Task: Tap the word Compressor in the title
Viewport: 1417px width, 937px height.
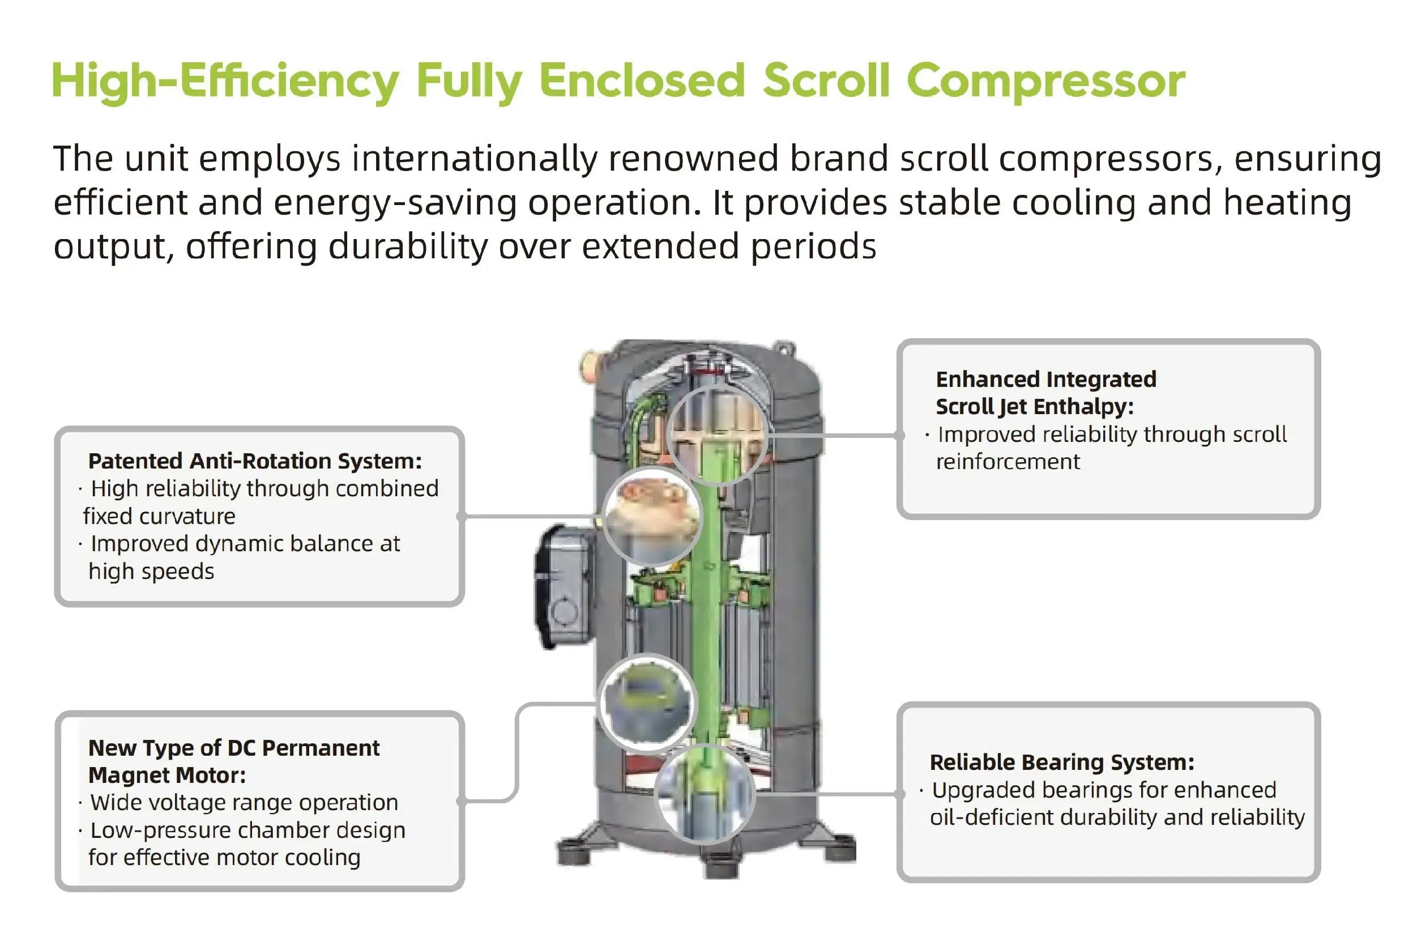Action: [x=1045, y=82]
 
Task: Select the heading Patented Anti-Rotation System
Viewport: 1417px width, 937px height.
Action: [x=255, y=461]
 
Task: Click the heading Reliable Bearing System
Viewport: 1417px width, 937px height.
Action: [x=1061, y=763]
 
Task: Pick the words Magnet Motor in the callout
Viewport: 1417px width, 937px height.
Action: [x=167, y=776]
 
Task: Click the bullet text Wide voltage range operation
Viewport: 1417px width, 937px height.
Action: [x=244, y=803]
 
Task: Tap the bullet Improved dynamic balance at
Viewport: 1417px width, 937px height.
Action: [x=245, y=544]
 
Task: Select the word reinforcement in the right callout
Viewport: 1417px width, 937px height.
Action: [x=1008, y=462]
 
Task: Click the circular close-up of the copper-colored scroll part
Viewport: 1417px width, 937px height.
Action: [x=652, y=516]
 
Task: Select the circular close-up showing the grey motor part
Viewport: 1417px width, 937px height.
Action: [x=646, y=702]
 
